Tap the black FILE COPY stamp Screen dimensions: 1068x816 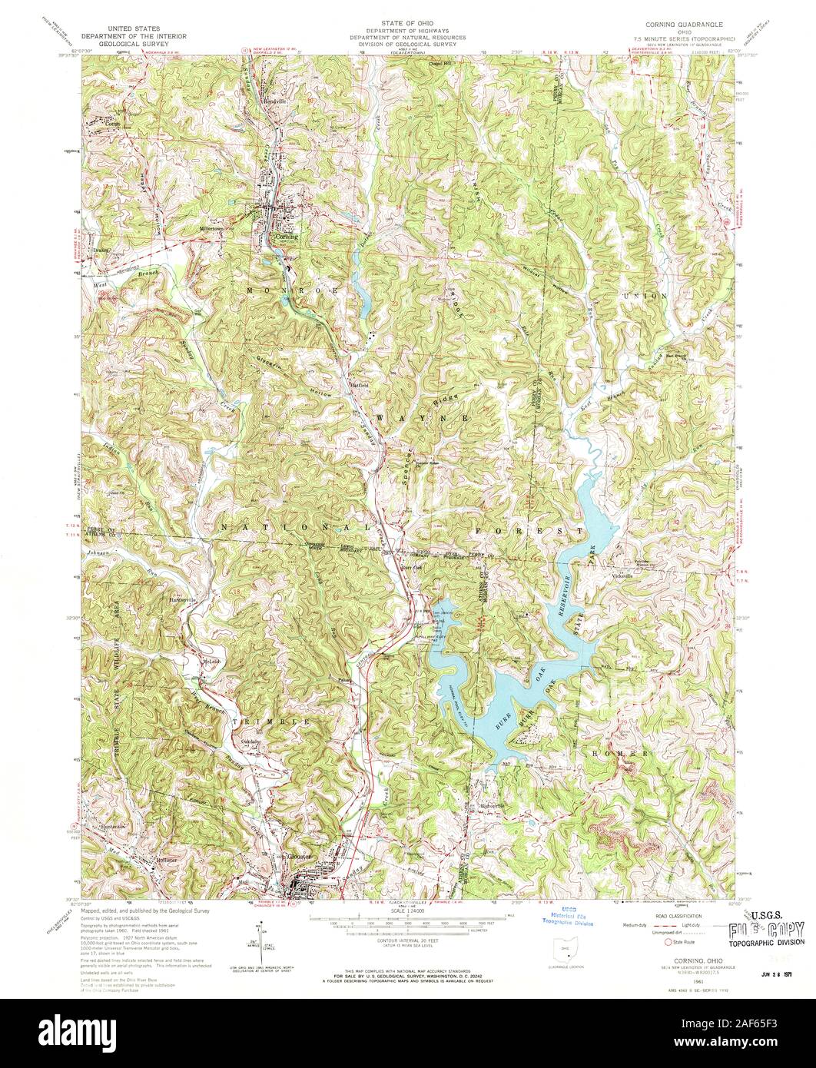coord(768,927)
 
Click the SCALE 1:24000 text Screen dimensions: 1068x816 coord(407,910)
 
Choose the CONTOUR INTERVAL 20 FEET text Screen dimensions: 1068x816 coord(406,941)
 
